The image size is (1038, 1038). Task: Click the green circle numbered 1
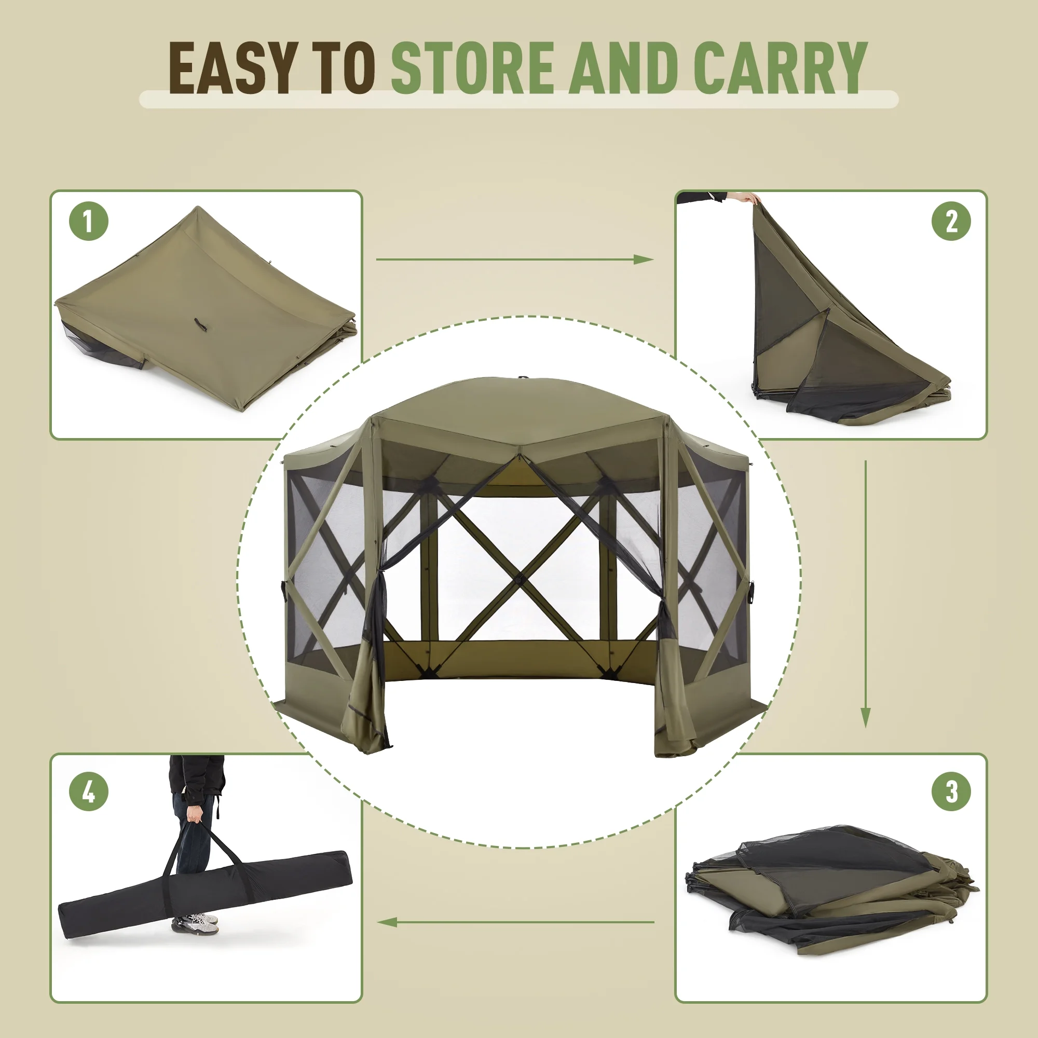click(89, 221)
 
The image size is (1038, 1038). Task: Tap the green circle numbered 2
click(951, 221)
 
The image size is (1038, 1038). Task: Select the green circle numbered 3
click(951, 791)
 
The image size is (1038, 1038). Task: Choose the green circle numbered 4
click(89, 791)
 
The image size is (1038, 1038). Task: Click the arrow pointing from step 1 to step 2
click(515, 259)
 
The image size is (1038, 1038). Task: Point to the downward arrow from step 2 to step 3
click(865, 594)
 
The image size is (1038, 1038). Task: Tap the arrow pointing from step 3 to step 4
click(516, 922)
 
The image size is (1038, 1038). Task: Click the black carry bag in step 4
click(204, 895)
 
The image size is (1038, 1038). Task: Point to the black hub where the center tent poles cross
click(518, 580)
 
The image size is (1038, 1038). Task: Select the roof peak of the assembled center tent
click(520, 379)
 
